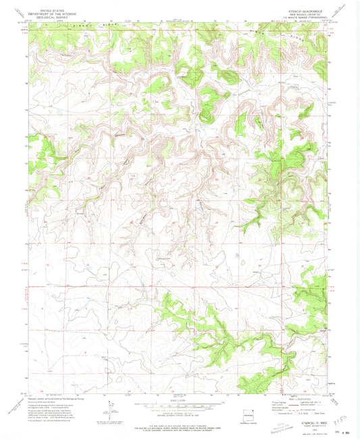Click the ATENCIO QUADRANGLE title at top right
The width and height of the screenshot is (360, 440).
tap(309, 11)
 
